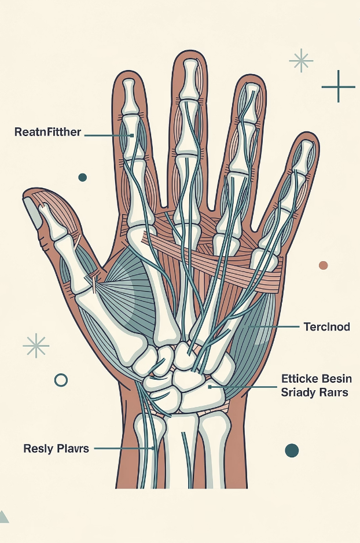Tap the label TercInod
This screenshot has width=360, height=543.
click(326, 327)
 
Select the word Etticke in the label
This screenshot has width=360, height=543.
click(297, 379)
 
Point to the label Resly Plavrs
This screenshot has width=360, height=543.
click(56, 448)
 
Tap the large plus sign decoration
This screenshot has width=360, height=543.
click(338, 86)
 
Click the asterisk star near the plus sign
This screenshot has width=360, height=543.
click(300, 60)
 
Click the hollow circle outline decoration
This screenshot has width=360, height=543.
click(61, 380)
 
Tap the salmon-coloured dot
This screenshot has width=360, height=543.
click(323, 265)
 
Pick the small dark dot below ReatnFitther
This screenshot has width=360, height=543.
click(82, 177)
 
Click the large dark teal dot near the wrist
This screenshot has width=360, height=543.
click(292, 450)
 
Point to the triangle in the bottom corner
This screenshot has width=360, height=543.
click(3, 517)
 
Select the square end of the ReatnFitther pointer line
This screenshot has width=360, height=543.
click(132, 135)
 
